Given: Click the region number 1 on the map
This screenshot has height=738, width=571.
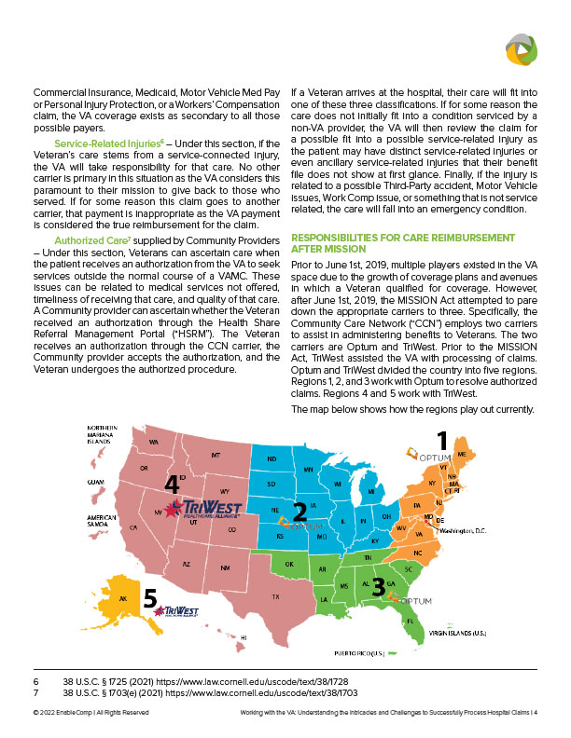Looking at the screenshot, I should tap(442, 440).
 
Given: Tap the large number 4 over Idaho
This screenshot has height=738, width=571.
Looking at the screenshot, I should tap(173, 485).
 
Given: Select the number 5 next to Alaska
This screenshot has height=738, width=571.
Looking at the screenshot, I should tap(150, 601).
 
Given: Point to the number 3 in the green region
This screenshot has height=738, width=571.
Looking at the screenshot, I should tap(378, 587).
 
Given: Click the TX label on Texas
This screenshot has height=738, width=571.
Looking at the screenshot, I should tap(275, 597).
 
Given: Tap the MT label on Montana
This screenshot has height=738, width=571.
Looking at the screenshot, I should tap(216, 455).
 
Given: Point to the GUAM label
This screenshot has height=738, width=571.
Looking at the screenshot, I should tap(97, 482).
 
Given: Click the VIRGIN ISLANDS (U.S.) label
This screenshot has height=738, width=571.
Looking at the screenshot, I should tap(458, 633).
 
